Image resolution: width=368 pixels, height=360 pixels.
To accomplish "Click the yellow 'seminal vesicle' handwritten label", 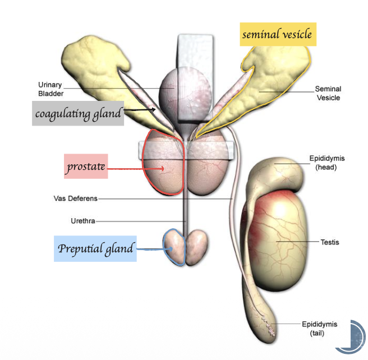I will pos(276,35).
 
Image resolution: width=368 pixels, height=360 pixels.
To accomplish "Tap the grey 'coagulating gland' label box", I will pos(78,114).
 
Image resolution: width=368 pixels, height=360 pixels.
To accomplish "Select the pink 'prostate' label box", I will pos(85,167).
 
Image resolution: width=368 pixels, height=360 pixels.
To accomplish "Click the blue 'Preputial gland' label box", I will pos(96,248).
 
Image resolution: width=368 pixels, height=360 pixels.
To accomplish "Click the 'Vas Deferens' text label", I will pos(75,199).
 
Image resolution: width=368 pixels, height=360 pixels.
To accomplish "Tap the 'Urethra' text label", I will pos(82,221).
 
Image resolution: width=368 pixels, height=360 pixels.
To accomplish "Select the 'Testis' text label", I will pos(329,242).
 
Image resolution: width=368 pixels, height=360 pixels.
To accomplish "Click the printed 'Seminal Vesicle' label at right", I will pos(328,93).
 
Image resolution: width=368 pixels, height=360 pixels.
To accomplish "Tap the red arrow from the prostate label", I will pos(135,167).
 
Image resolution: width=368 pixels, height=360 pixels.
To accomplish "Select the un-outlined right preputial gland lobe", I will pos(196,247).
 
